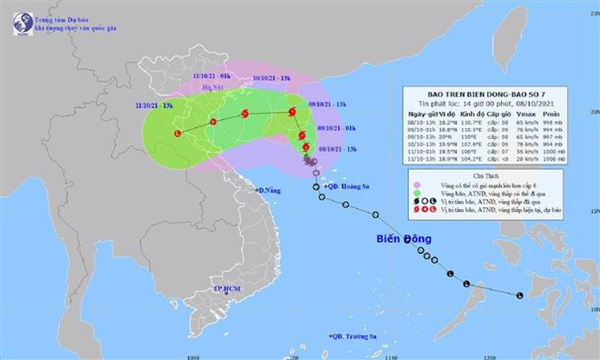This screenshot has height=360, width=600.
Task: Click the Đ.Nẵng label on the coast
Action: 268,192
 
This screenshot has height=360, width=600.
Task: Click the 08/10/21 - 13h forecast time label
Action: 335,149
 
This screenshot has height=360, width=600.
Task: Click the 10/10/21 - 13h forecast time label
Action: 274,78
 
